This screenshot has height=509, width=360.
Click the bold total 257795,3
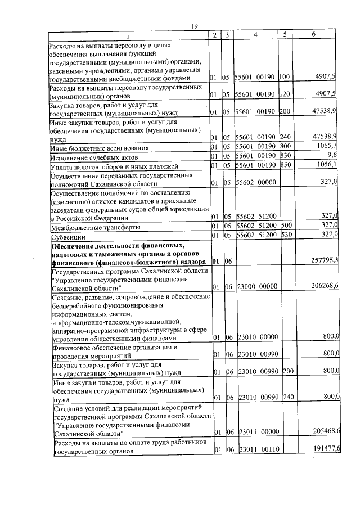tap(325, 260)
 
